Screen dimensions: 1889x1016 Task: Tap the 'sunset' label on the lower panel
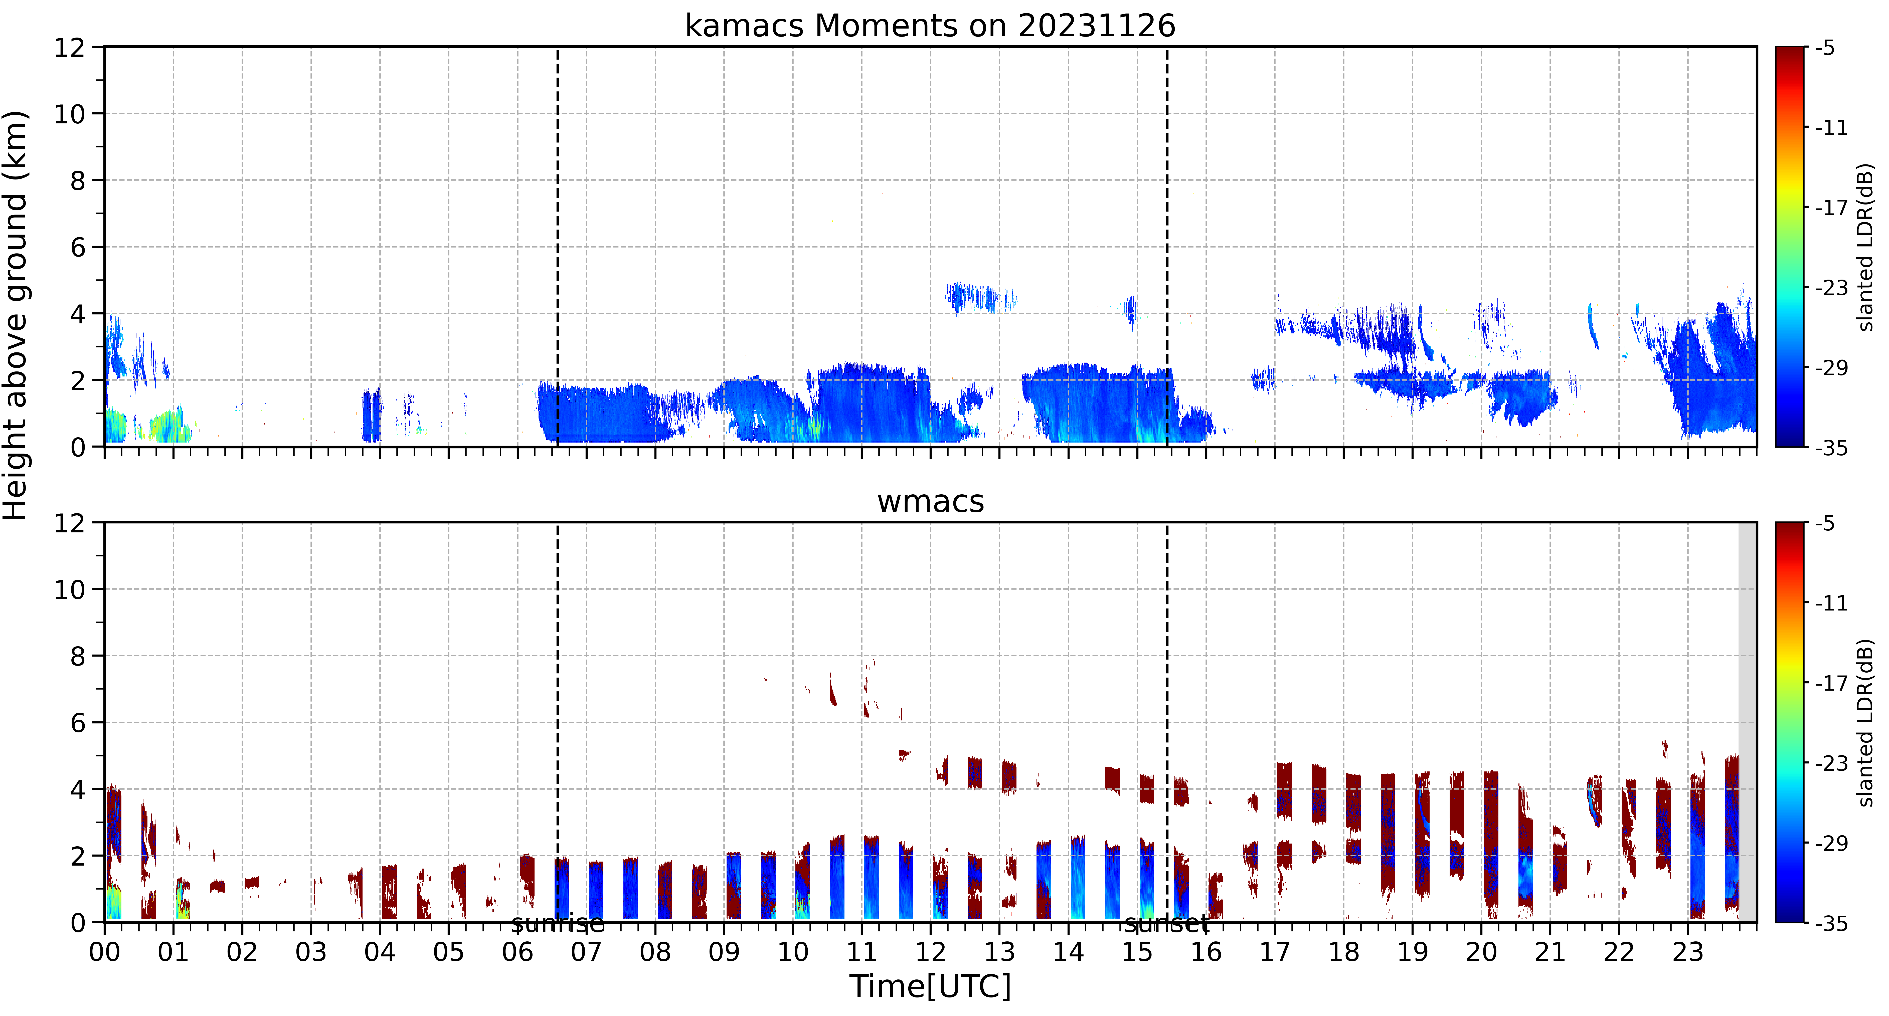[x=1167, y=924]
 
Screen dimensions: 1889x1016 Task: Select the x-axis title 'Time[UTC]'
[x=930, y=986]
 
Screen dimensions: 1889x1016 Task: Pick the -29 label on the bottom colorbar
[x=1831, y=843]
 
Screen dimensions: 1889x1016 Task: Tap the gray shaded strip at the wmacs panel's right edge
[x=1748, y=722]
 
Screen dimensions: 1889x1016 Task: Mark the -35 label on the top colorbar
[x=1831, y=447]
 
